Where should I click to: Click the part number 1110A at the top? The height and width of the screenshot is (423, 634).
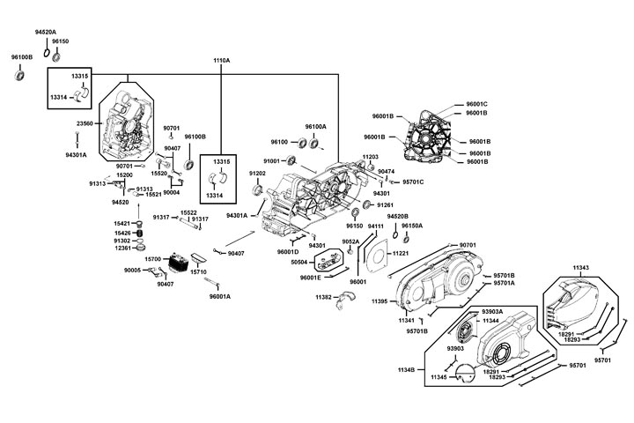tap(221, 60)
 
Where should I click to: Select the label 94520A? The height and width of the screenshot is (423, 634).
tap(46, 31)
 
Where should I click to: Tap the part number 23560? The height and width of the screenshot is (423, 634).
tap(85, 124)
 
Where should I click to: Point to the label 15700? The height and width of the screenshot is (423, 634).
tap(153, 259)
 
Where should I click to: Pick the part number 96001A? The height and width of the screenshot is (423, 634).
tap(220, 296)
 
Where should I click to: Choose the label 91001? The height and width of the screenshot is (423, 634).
tap(270, 161)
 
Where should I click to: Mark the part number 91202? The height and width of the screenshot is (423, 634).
tap(257, 174)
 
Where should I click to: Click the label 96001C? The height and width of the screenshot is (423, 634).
tap(476, 104)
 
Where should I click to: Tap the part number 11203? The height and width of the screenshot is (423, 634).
tap(370, 156)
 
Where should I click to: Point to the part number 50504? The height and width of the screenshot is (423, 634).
tap(299, 262)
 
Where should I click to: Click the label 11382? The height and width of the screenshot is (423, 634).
tap(323, 297)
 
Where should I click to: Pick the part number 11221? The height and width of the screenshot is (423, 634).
tap(401, 254)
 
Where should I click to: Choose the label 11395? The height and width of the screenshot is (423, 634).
tap(380, 302)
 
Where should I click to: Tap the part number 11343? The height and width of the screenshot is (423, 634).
tap(580, 268)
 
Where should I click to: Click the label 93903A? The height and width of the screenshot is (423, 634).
tap(492, 312)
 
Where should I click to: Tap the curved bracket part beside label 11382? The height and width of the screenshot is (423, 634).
tap(345, 299)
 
